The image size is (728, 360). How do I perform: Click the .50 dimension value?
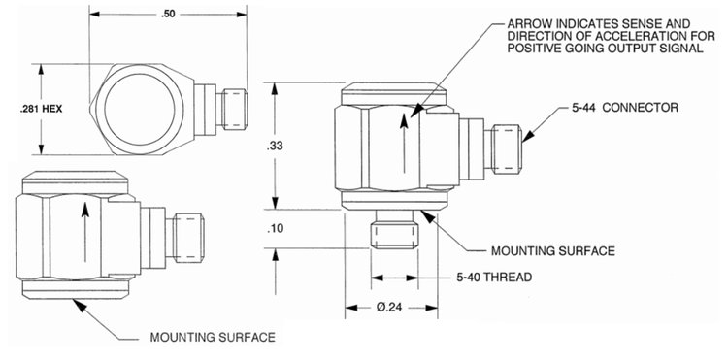[x=168, y=14]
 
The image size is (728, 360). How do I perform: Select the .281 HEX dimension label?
[x=41, y=110]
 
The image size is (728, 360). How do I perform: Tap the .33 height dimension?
[x=275, y=147]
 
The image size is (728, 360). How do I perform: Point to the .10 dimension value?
[x=275, y=229]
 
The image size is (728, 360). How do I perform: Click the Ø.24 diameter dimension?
[x=389, y=308]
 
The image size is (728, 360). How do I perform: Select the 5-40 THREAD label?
[x=493, y=278]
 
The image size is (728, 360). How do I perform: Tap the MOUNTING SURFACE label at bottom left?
[x=213, y=338]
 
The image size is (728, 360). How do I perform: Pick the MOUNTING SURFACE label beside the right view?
[x=553, y=251]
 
